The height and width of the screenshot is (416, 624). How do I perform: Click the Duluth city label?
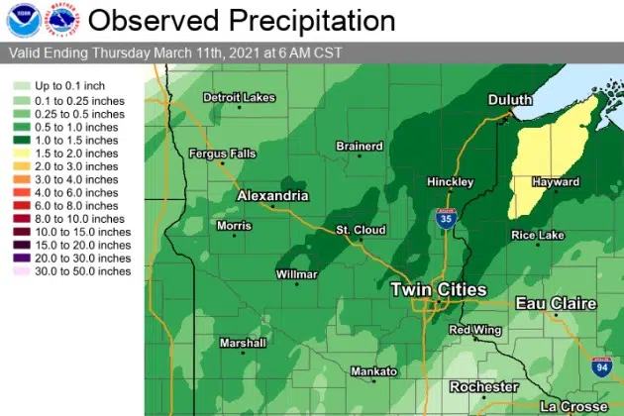click(x=510, y=100)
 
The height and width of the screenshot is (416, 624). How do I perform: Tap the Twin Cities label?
click(x=439, y=289)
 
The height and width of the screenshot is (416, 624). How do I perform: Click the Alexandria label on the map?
click(x=272, y=196)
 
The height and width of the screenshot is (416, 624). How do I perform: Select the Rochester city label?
click(x=483, y=386)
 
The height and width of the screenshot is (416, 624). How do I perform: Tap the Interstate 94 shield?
click(x=601, y=366)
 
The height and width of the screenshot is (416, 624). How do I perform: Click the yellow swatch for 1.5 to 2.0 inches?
click(x=19, y=155)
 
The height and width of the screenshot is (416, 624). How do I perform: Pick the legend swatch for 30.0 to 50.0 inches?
click(x=19, y=270)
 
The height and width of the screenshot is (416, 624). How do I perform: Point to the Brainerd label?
click(x=359, y=147)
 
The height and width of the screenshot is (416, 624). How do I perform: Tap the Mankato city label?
click(x=373, y=372)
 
